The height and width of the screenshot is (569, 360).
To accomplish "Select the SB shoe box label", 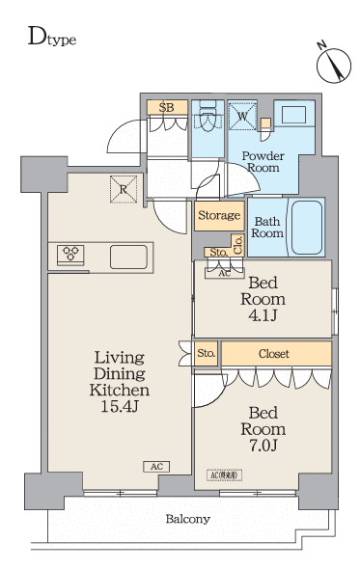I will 166,107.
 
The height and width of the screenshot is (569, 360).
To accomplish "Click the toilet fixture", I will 207,120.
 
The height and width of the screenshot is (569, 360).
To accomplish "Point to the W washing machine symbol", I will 243,117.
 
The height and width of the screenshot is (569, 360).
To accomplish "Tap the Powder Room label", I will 261,161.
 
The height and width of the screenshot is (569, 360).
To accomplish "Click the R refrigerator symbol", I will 123,189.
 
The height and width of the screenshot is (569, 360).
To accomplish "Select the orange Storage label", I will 218,216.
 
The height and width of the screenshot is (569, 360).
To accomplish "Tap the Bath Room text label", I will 267,227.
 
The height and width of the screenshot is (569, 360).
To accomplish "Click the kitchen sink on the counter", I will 128,257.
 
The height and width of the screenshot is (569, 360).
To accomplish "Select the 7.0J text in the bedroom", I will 263,446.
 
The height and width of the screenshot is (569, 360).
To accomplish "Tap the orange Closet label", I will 273,354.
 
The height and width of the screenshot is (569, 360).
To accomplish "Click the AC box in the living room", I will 155,467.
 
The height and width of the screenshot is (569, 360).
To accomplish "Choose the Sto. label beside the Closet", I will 206,353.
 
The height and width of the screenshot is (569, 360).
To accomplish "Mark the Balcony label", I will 187,519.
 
